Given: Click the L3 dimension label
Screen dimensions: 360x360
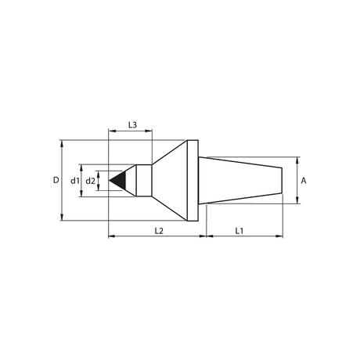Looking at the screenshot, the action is click(132, 125).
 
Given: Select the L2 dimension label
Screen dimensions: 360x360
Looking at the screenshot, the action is click(159, 231).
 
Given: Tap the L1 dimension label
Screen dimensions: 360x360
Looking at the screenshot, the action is click(239, 231).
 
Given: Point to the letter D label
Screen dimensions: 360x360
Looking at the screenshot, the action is click(56, 180).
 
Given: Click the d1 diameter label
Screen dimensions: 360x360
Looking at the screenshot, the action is click(75, 180).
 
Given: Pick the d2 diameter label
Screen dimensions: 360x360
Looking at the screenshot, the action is click(91, 180).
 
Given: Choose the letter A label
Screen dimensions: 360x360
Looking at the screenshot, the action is click(304, 181).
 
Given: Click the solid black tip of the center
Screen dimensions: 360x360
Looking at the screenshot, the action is click(120, 180).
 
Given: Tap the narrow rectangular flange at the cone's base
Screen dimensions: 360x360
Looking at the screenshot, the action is click(193, 181).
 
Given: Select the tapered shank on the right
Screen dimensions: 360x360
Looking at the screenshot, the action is click(240, 180).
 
